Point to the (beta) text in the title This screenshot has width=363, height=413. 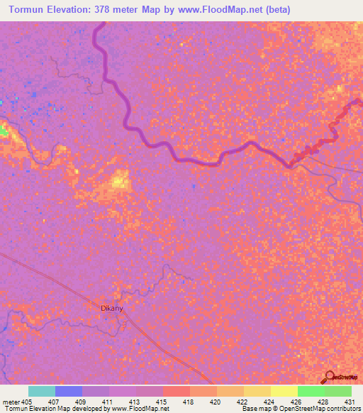pos(273,10)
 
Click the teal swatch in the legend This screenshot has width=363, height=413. pos(41,391)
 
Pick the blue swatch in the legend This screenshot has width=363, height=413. pos(68,391)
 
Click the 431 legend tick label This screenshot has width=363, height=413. pos(349,401)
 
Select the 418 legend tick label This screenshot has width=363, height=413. pos(189,401)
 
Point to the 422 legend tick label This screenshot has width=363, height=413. pos(242,401)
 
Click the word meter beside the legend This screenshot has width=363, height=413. pos(12,401)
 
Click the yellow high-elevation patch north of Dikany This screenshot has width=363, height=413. pos(118,182)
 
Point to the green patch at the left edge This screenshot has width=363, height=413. pos(4,131)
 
